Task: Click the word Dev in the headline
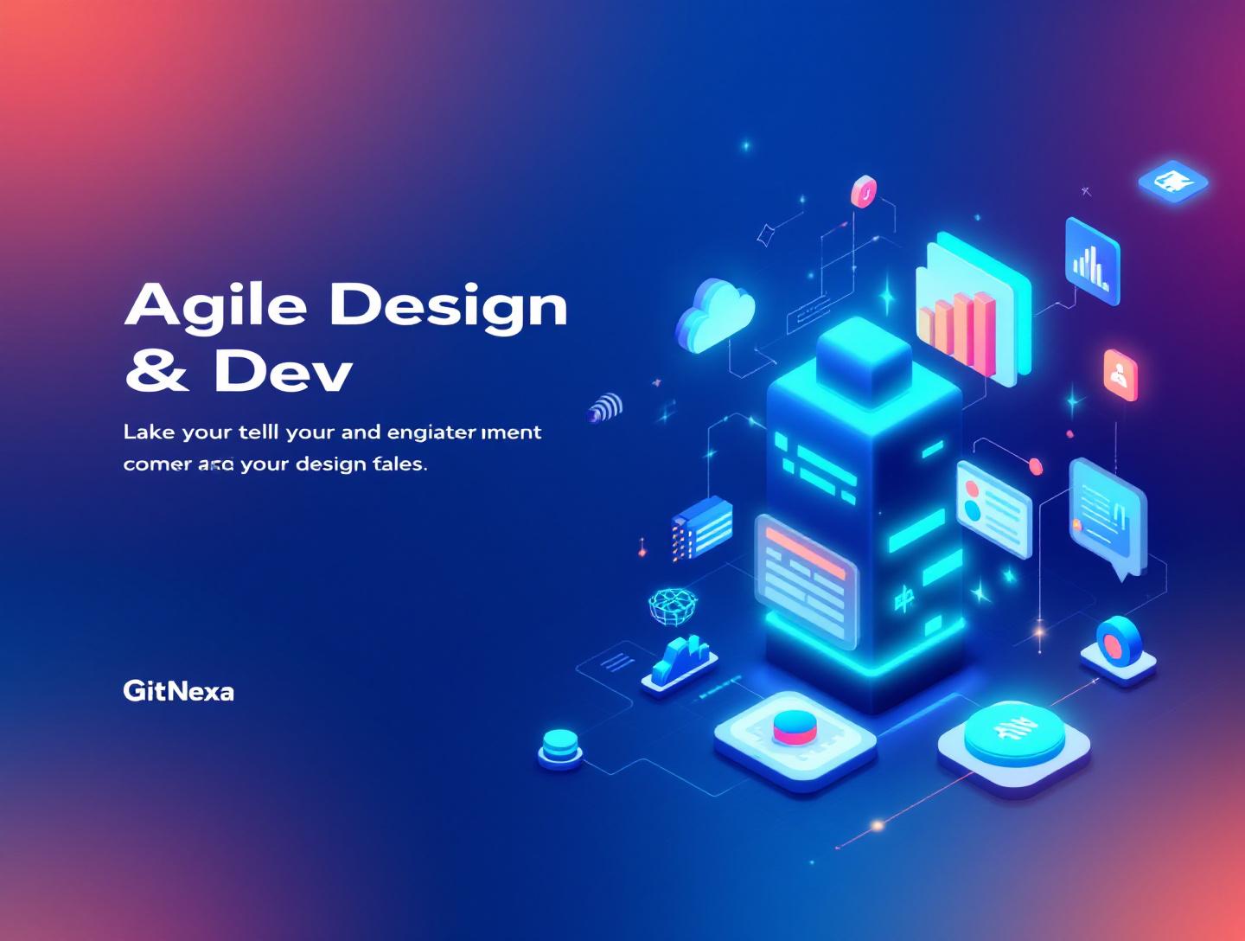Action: pyautogui.click(x=283, y=372)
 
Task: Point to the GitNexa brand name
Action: pyautogui.click(x=178, y=691)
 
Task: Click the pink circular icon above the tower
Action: pyautogui.click(x=863, y=191)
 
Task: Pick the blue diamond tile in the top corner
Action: pyautogui.click(x=1172, y=182)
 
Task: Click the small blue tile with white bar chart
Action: pyautogui.click(x=1092, y=260)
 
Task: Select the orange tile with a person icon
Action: pyautogui.click(x=1120, y=374)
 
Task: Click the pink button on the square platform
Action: pyautogui.click(x=795, y=727)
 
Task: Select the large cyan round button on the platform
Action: pyautogui.click(x=1013, y=732)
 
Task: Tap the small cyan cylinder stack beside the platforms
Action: pyautogui.click(x=559, y=746)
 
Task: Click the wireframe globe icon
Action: pyautogui.click(x=673, y=605)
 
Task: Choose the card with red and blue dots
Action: pyautogui.click(x=993, y=509)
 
